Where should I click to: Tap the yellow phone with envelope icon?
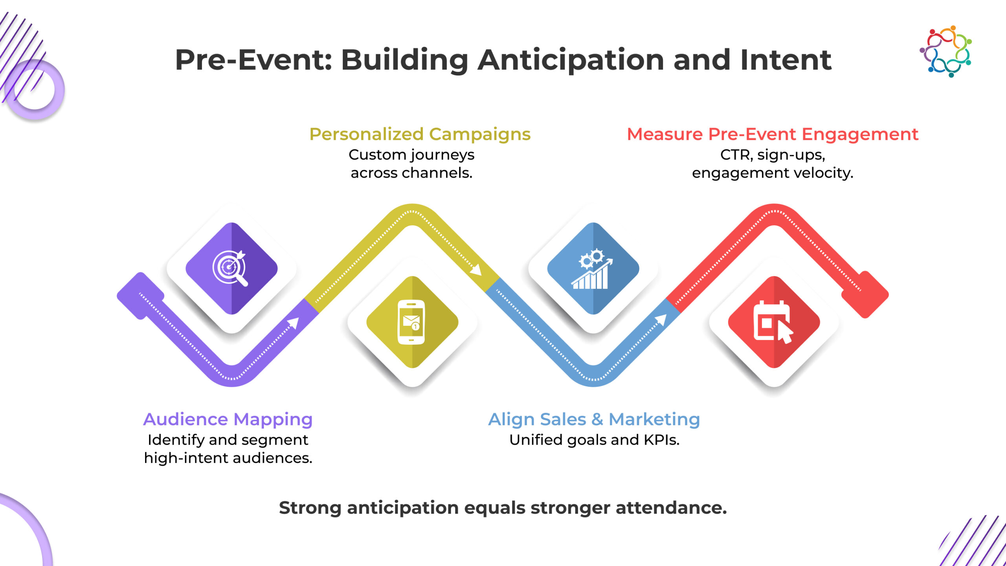tap(411, 322)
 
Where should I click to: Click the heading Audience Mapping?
tap(228, 419)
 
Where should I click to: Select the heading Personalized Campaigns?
tap(420, 134)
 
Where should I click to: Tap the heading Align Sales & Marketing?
tap(594, 419)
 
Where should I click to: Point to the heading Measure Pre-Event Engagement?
tap(773, 134)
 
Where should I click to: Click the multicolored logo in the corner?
tap(945, 51)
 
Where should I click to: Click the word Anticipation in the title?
tap(571, 61)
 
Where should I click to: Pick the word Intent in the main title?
tap(786, 60)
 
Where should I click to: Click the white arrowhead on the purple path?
tap(293, 323)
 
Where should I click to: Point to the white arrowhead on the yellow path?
tap(475, 270)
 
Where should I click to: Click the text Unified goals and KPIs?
tap(594, 440)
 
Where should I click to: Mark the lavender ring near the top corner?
tap(35, 89)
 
